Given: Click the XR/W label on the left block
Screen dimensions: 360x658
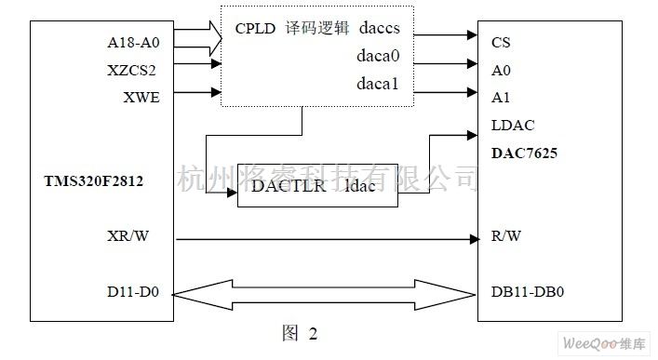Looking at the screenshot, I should click(128, 237).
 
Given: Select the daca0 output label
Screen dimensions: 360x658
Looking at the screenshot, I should click(378, 58).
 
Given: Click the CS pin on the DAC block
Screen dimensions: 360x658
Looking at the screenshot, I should click(501, 42).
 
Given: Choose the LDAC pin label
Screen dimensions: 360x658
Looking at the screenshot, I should click(511, 124).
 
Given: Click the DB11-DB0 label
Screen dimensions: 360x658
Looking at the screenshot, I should click(527, 291).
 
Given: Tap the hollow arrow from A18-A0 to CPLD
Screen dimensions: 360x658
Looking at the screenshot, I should click(197, 39).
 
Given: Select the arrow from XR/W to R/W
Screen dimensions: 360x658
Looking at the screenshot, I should click(325, 239).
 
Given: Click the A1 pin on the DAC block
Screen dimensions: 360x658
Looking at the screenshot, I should click(500, 97).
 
